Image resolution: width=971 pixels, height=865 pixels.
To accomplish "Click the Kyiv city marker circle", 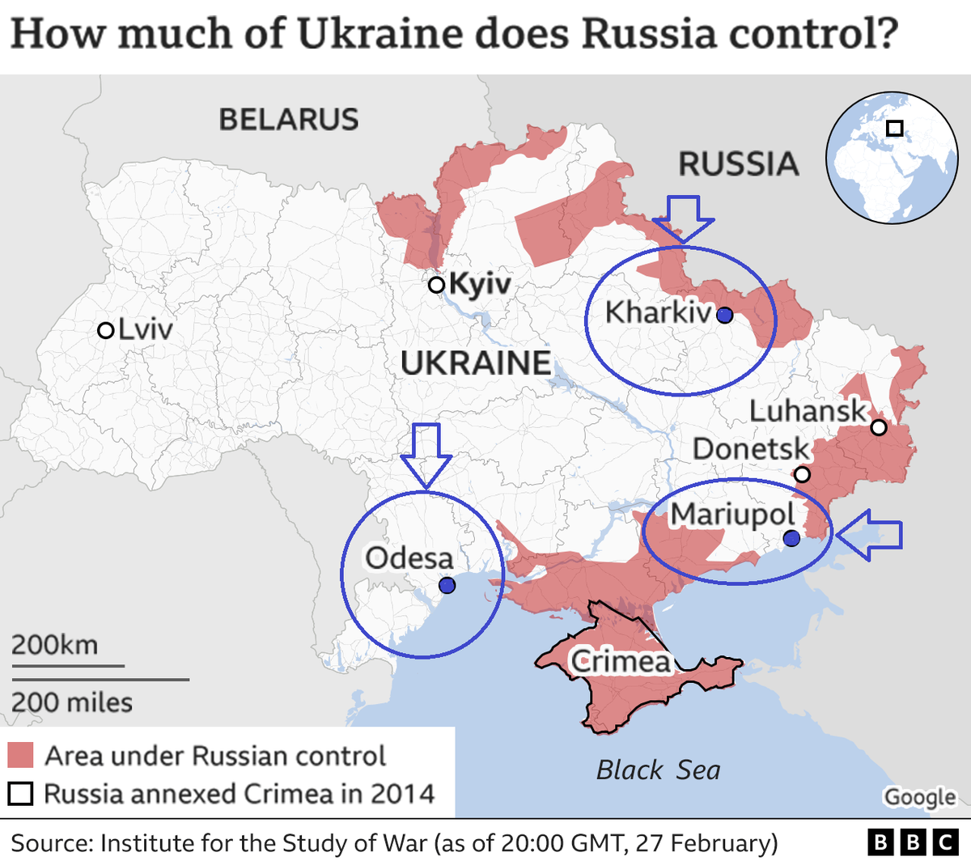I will pyautogui.click(x=436, y=284).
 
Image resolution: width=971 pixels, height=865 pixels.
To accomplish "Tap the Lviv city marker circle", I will pyautogui.click(x=105, y=330).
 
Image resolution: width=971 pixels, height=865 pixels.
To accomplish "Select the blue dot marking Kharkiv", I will pyautogui.click(x=724, y=315).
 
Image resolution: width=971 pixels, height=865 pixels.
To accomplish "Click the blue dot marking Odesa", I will pyautogui.click(x=446, y=585).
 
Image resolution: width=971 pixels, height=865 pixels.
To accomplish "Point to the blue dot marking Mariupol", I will pyautogui.click(x=791, y=538).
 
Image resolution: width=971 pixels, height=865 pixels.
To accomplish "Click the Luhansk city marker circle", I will pyautogui.click(x=878, y=426).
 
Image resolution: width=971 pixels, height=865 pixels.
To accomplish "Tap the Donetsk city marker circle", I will pyautogui.click(x=801, y=474).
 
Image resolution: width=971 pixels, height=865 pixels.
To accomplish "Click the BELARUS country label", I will pyautogui.click(x=289, y=120).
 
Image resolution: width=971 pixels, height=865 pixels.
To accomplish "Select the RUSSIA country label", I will pyautogui.click(x=738, y=164).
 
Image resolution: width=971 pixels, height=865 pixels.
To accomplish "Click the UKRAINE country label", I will pyautogui.click(x=476, y=363).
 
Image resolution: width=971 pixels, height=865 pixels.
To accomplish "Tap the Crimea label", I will pyautogui.click(x=621, y=662).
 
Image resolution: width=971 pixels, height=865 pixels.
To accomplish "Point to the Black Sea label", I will pyautogui.click(x=658, y=770).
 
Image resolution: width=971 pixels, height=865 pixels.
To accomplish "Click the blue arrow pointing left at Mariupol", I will pyautogui.click(x=869, y=535).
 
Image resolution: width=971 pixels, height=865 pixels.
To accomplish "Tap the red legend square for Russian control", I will pyautogui.click(x=20, y=755).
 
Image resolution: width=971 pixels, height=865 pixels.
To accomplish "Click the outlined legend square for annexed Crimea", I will pyautogui.click(x=20, y=794).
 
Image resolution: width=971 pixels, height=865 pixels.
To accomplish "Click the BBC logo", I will pyautogui.click(x=913, y=842).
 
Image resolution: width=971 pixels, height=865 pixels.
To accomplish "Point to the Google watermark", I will pyautogui.click(x=919, y=797).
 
